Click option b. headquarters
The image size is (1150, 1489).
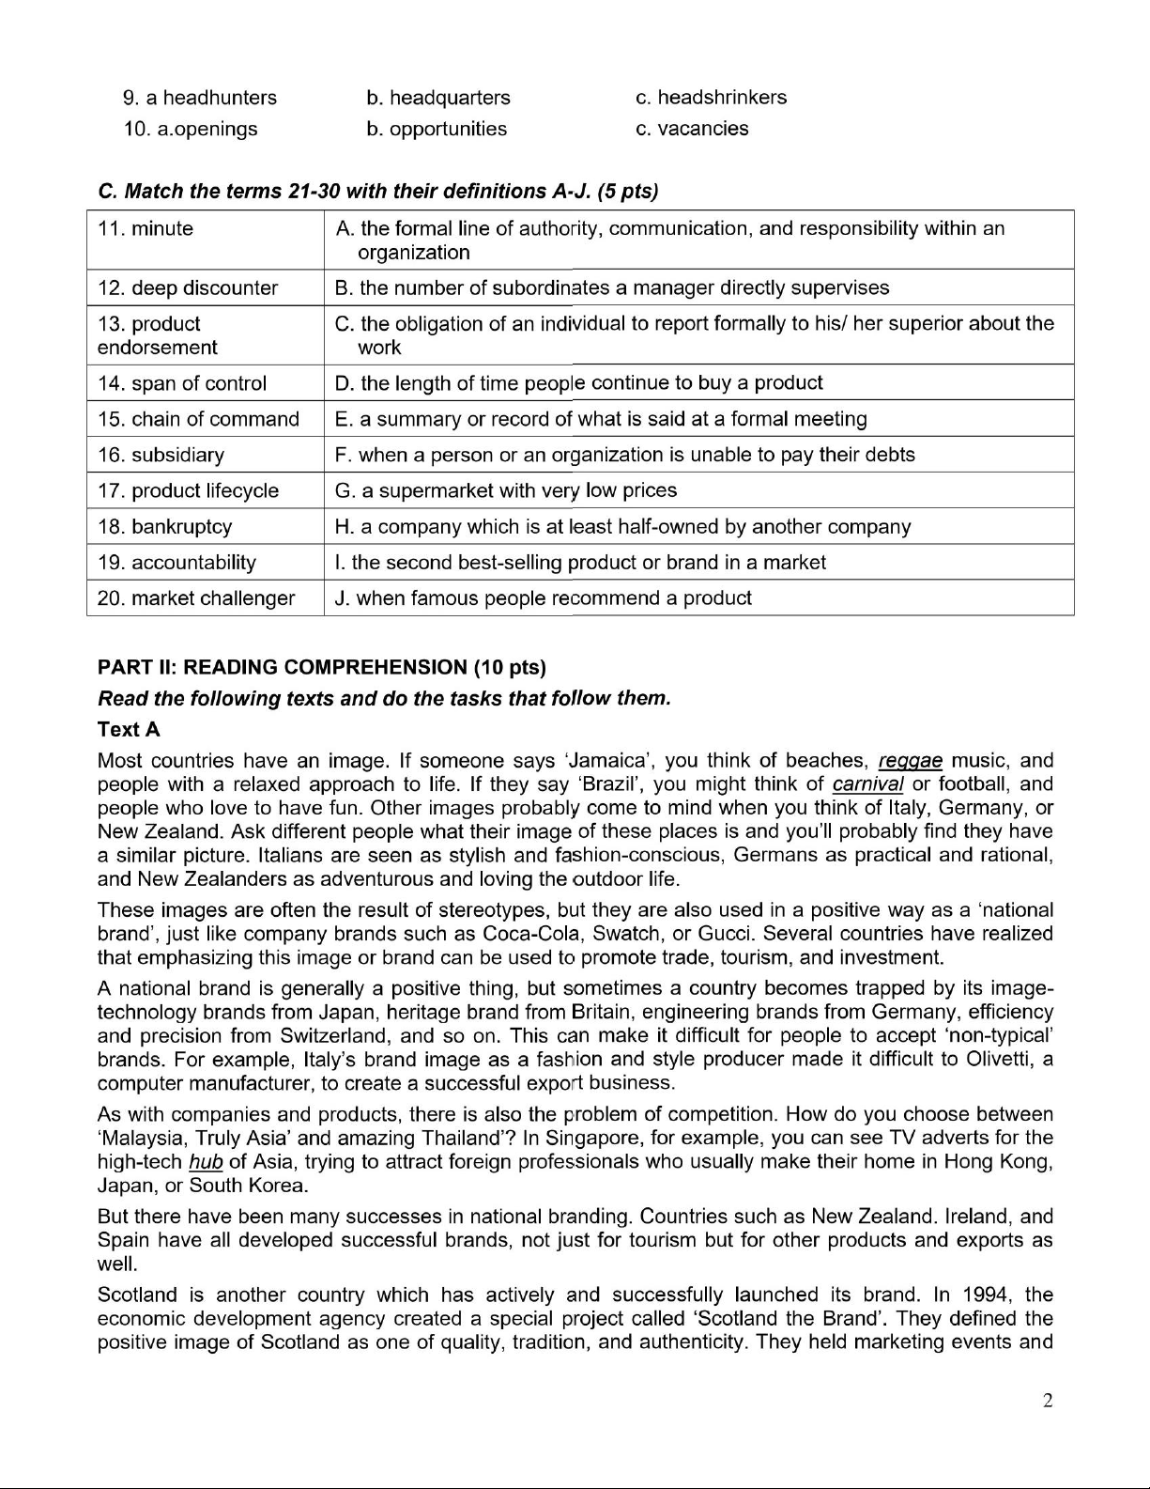[x=438, y=98]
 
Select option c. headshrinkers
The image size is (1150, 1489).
[x=711, y=98]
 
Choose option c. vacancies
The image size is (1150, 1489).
[x=692, y=129]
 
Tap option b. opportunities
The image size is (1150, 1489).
[x=437, y=129]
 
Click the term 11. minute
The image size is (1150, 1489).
[x=146, y=229]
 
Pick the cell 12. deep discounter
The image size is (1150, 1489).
[x=188, y=288]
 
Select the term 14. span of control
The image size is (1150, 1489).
[x=182, y=383]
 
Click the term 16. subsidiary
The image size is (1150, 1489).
[x=161, y=456]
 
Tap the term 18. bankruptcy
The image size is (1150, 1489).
[x=165, y=527]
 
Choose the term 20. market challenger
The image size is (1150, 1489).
[x=196, y=598]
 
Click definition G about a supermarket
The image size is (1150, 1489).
[x=505, y=490]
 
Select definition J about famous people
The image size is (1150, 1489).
[x=543, y=598]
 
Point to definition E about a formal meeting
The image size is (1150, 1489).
[x=601, y=419]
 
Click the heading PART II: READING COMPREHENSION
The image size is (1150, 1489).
[x=321, y=668]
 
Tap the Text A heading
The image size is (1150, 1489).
[x=129, y=730]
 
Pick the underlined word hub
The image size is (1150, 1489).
[x=206, y=1162]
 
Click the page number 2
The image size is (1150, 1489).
[x=1048, y=1401]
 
